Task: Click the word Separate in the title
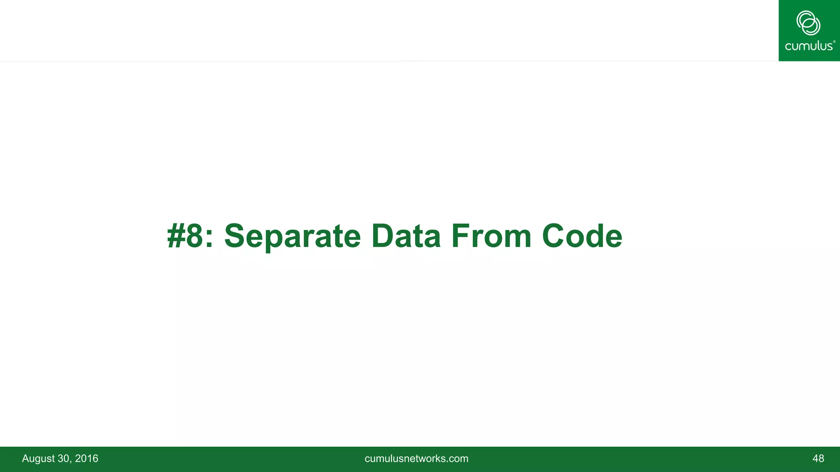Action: click(292, 236)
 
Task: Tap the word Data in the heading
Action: click(406, 236)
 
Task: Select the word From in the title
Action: click(491, 236)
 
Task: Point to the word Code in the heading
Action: click(582, 236)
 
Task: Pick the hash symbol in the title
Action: click(176, 236)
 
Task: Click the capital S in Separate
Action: click(235, 236)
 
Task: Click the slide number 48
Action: click(818, 458)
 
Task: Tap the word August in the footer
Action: click(38, 458)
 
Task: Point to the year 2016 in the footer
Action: click(87, 458)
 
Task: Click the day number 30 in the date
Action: click(64, 458)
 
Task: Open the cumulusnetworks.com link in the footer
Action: click(416, 458)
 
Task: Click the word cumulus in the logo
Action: click(808, 46)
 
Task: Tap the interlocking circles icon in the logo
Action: click(808, 23)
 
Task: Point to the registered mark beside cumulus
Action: click(834, 41)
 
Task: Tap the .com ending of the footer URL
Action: click(458, 458)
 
